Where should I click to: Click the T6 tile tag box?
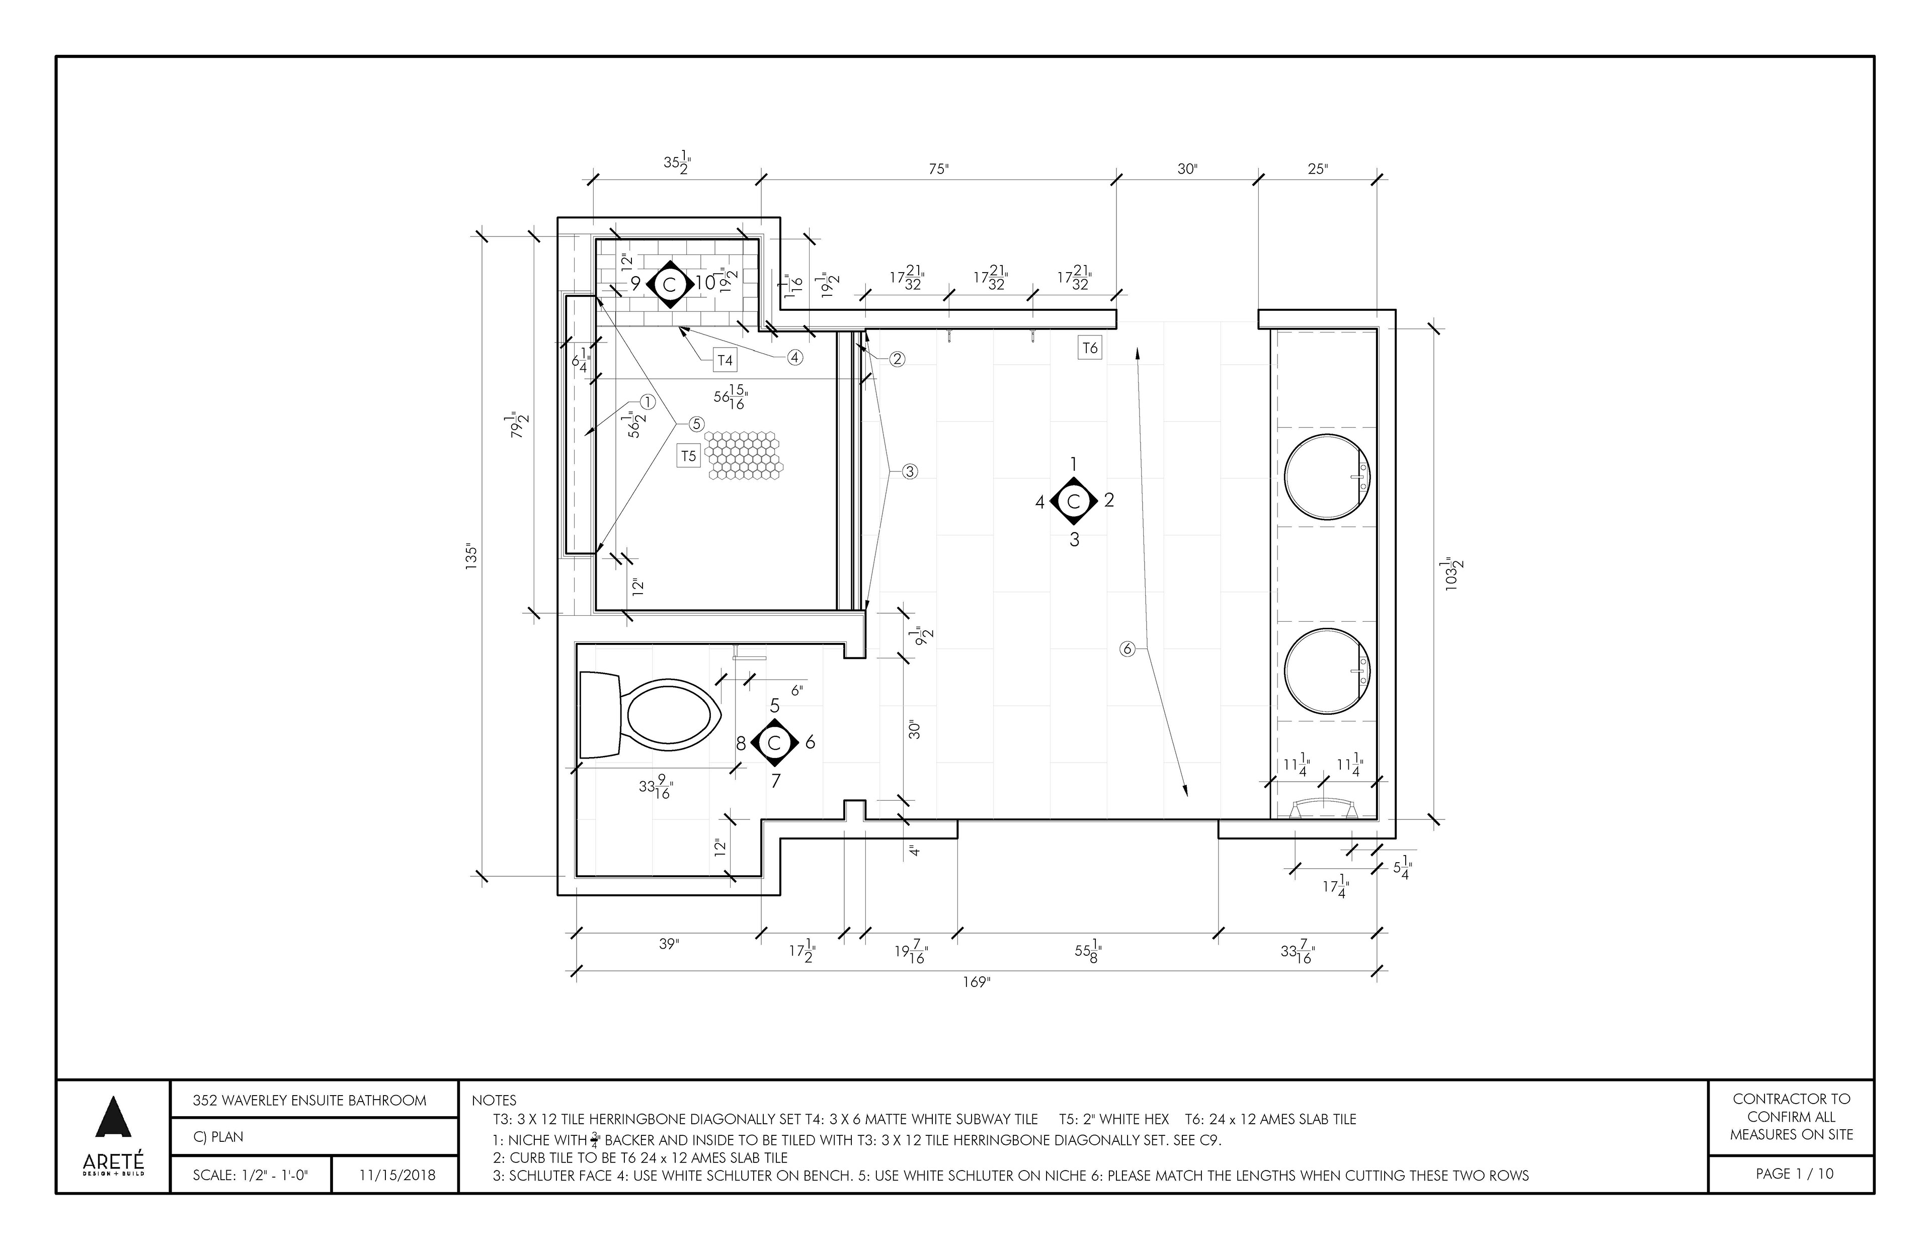pos(1089,348)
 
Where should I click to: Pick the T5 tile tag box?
pos(688,456)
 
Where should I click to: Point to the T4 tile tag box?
pos(725,360)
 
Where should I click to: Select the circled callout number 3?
pos(910,471)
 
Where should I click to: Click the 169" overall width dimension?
pos(977,982)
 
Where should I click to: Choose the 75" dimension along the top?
pos(938,169)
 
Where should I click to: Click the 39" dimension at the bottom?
pos(668,944)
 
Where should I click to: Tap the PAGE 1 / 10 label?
pos(1794,1174)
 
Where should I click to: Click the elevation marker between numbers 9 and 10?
pos(670,284)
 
